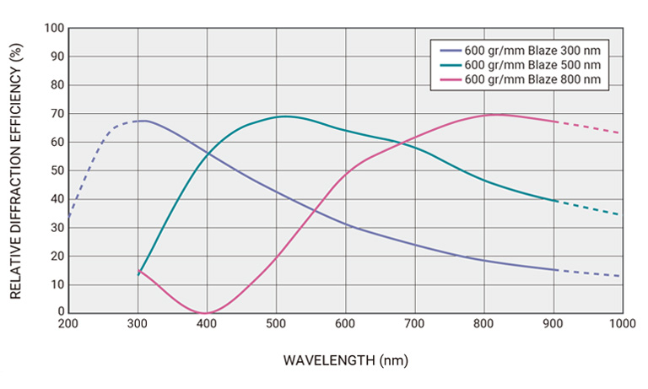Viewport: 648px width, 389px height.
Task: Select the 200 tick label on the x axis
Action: [68, 324]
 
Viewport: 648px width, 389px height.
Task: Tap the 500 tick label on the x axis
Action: [276, 324]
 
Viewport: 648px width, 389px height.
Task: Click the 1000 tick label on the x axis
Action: [622, 324]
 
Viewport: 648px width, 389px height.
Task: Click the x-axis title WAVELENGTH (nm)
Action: [345, 360]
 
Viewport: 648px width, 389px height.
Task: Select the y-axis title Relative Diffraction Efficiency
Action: [15, 170]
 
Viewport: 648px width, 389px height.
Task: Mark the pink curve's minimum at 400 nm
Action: [206, 313]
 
